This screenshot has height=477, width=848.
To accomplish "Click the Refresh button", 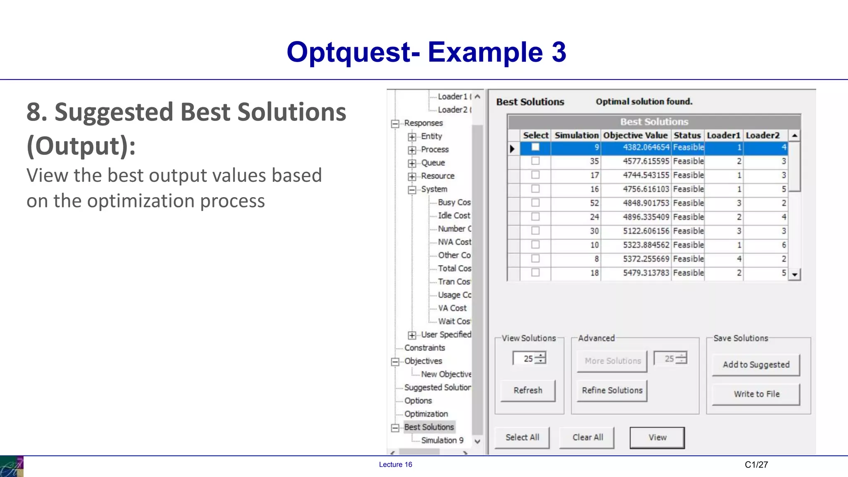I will [528, 390].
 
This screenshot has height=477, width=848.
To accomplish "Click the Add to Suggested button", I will [756, 365].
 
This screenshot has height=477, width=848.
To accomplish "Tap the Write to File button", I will [756, 394].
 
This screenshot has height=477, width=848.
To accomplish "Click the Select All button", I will [522, 438].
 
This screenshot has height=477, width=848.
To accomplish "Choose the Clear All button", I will [587, 438].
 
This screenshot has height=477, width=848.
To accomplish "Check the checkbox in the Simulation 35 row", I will [535, 161].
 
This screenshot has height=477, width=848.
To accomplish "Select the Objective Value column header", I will [635, 135].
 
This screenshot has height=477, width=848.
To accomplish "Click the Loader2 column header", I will [762, 135].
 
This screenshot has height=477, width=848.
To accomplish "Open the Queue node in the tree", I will [412, 163].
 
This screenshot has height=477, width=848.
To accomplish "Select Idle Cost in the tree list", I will [454, 216].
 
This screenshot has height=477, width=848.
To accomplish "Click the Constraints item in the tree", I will [424, 348].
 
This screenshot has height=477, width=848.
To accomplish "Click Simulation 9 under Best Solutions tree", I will [442, 441].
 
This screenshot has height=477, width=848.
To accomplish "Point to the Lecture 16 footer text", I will [395, 465].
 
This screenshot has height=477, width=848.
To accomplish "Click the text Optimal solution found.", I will [644, 102].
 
